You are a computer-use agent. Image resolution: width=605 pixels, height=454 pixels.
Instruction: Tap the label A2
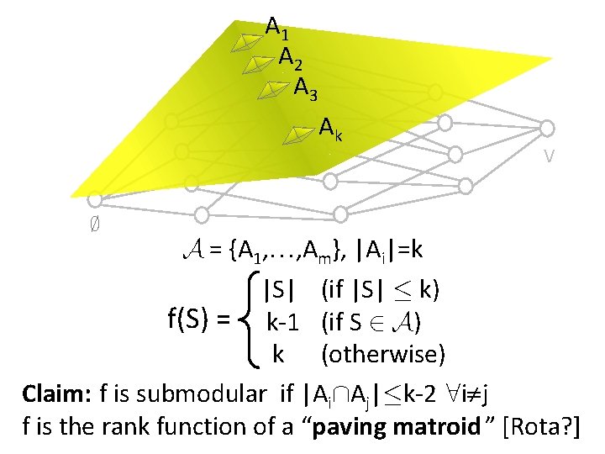tap(292, 59)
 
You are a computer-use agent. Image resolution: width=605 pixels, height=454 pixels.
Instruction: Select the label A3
tap(306, 87)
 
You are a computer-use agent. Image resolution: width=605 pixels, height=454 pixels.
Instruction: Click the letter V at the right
tap(548, 156)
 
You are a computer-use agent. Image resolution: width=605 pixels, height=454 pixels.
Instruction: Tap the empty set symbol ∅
tap(95, 225)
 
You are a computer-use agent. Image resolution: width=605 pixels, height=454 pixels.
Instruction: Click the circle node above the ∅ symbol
tap(95, 200)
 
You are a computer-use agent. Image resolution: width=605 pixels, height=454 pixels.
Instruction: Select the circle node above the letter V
tap(547, 128)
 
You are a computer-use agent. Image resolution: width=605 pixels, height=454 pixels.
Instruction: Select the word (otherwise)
tap(382, 354)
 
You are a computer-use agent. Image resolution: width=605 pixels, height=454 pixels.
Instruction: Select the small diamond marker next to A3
tap(272, 88)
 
